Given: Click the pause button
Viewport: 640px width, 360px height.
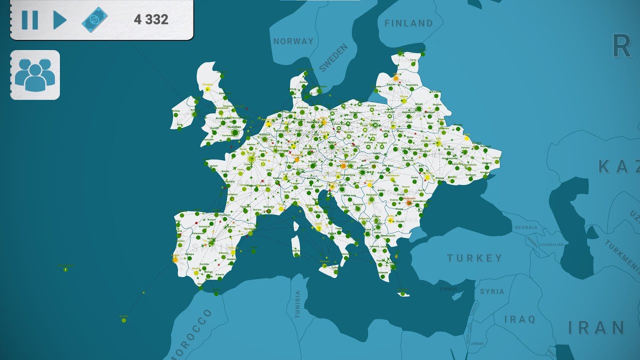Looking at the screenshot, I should (29, 20).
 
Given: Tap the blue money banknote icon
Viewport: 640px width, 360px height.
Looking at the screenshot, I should (94, 20).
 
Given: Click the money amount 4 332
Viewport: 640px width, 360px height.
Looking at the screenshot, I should (151, 20).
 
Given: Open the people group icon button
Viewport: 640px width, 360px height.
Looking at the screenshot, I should (35, 75).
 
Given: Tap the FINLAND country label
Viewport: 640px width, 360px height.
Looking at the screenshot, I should (408, 23).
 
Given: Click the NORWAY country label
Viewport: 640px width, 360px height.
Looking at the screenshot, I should (293, 41).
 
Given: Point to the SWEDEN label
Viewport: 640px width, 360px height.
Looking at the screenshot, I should (333, 57).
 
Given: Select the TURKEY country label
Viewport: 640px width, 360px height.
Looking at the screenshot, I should (474, 258).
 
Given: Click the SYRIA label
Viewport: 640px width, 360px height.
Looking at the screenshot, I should (492, 291).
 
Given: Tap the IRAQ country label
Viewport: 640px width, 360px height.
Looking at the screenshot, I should (519, 319).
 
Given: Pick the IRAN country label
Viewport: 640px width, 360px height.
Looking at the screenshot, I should (596, 328).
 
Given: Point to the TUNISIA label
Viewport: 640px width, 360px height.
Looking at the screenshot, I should (298, 304).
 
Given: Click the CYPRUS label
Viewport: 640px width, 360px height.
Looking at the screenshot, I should (448, 289).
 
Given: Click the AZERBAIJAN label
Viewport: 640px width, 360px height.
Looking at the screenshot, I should (551, 245).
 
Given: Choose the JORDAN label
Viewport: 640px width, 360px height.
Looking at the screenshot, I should (477, 344).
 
